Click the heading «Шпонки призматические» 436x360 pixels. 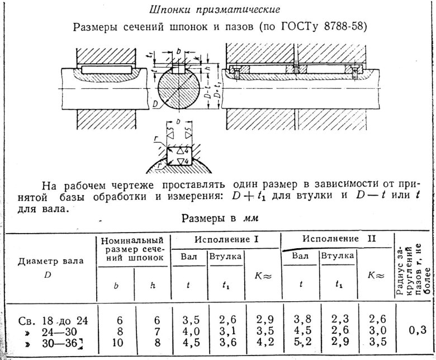coord(216,10)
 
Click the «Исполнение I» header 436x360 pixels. coord(226,239)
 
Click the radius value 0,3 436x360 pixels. coord(415,330)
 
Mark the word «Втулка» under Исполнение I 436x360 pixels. coord(225,257)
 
